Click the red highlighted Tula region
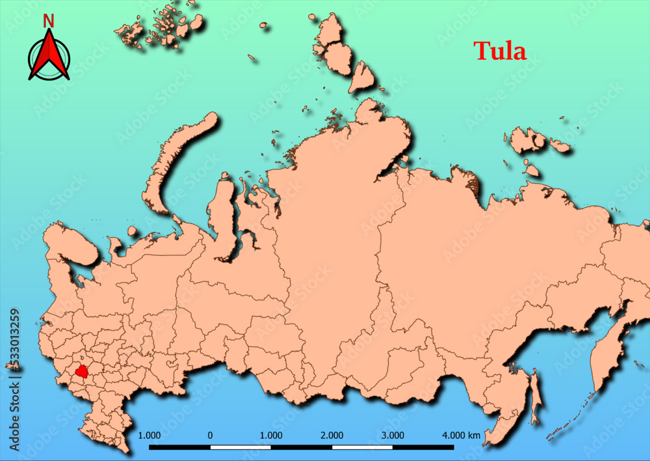pos(82,372)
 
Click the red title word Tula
pos(499,51)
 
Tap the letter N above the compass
pos(48,21)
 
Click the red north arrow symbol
pos(49,57)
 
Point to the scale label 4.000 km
pos(461,434)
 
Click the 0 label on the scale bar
pos(210,434)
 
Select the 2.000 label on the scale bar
pos(332,434)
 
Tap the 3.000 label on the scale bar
pos(393,434)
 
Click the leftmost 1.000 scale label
pos(150,434)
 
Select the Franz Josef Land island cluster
pos(159,26)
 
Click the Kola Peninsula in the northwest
pos(70,241)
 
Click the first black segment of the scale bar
pos(179,447)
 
